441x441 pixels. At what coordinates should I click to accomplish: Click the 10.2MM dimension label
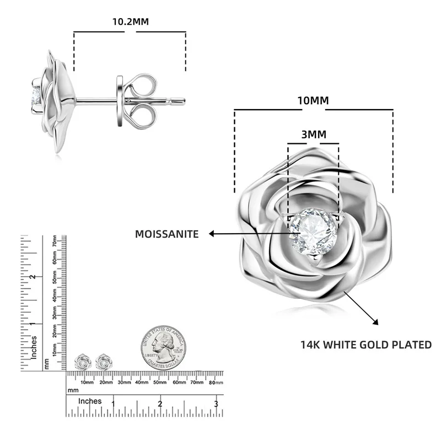coord(131,21)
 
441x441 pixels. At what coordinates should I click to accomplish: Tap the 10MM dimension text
coord(313,100)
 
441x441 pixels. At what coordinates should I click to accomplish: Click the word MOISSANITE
coord(167,234)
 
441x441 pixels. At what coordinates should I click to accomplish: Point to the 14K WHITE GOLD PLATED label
coord(365,345)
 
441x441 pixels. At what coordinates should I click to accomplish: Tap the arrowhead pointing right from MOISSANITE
coord(212,234)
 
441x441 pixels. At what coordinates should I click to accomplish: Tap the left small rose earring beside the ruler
coord(82,362)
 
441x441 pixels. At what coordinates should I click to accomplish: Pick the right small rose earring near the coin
coord(103,362)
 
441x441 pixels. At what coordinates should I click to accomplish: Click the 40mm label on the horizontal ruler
coord(142,381)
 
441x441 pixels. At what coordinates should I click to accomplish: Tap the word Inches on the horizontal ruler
coord(89,401)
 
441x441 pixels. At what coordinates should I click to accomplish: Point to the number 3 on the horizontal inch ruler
coord(216,404)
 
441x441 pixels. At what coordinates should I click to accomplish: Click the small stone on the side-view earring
coord(36,94)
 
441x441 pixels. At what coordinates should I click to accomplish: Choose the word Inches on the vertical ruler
coord(34,347)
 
